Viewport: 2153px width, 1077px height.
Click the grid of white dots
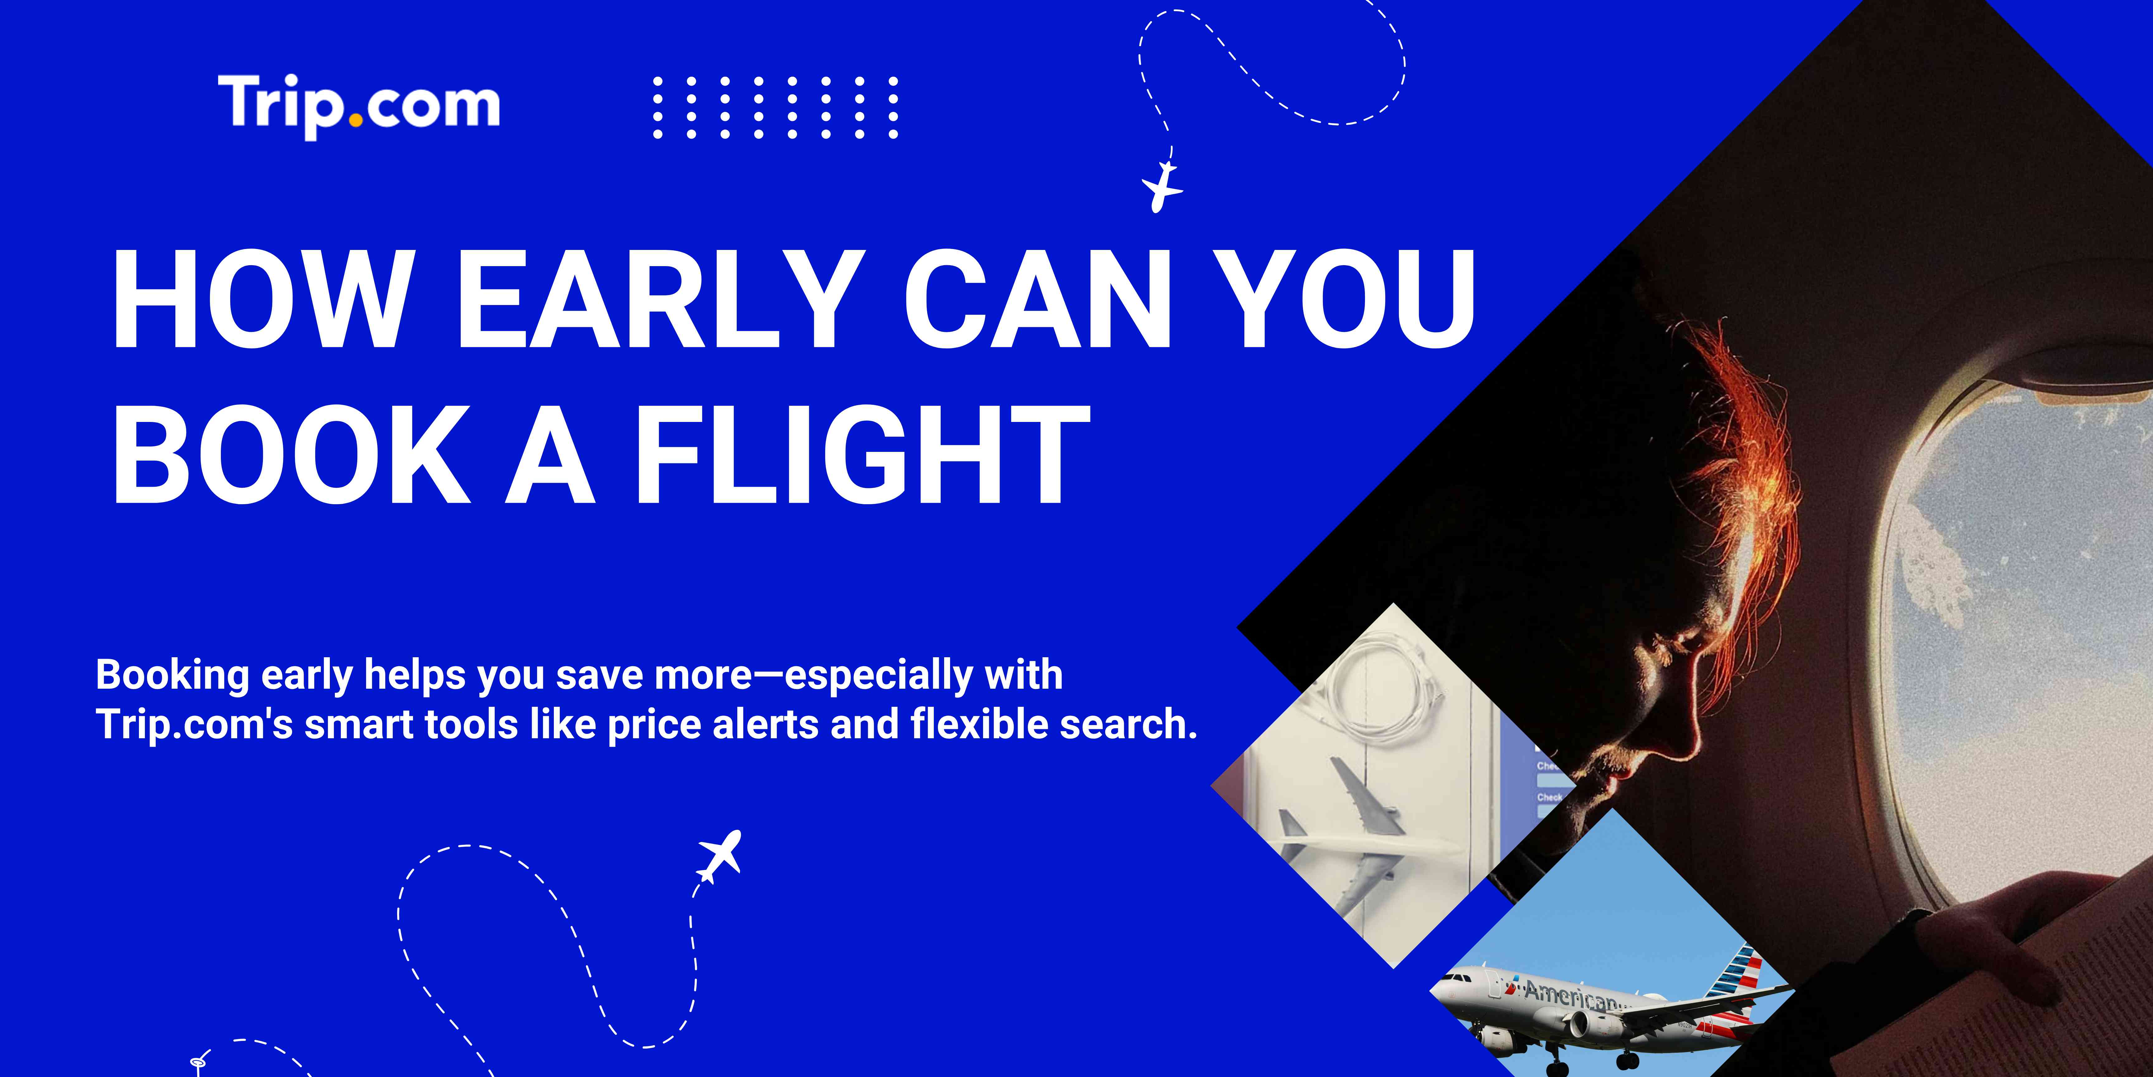tap(775, 107)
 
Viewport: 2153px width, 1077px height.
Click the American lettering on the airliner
tap(1571, 995)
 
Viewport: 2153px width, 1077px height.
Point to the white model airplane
tap(1371, 845)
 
